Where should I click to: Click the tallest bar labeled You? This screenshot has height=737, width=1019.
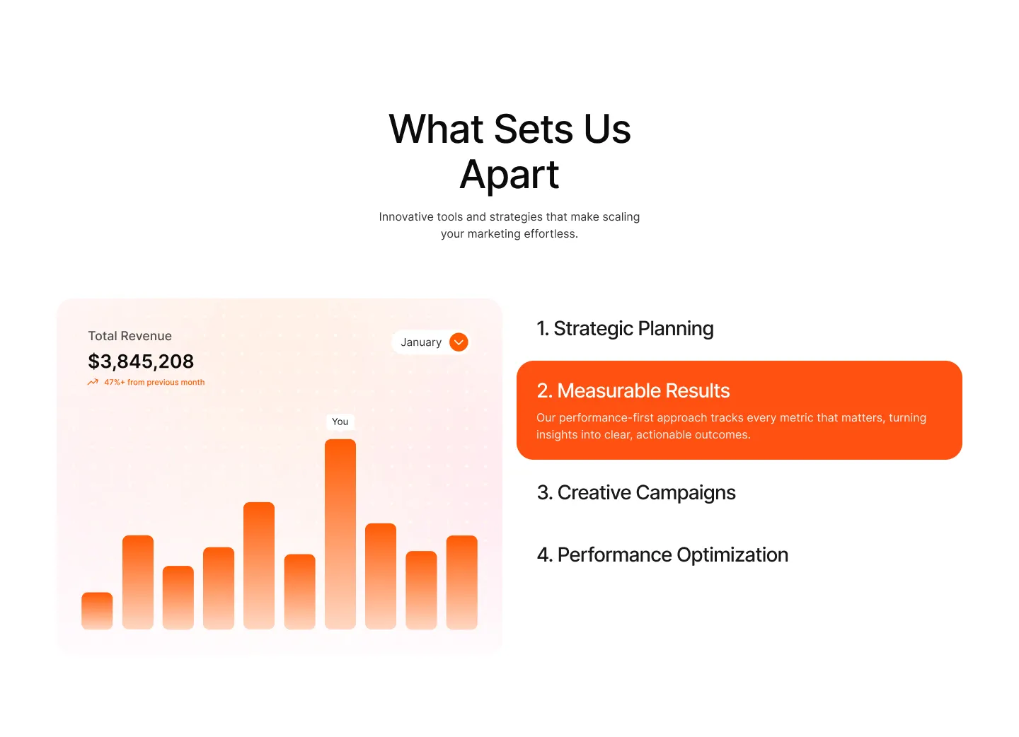[x=340, y=534]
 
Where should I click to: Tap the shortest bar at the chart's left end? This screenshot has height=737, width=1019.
[x=97, y=611]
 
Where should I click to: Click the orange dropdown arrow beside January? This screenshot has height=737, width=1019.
[x=459, y=342]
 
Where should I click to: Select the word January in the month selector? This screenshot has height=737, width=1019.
[x=421, y=342]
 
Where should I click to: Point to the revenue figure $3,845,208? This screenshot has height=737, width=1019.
[x=141, y=361]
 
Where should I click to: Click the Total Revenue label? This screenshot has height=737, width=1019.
[x=130, y=336]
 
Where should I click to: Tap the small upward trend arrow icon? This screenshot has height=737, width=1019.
[x=93, y=383]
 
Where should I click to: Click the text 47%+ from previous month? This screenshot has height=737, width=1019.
[x=155, y=383]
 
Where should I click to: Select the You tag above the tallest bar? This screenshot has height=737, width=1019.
[x=340, y=422]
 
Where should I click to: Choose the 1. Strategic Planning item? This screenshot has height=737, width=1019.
[x=625, y=329]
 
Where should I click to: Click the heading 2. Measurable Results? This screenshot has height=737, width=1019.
[x=633, y=391]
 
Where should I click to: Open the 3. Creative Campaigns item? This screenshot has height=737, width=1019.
[x=636, y=493]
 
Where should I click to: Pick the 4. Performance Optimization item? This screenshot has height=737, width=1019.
[x=662, y=555]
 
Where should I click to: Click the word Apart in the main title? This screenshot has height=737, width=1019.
[x=509, y=175]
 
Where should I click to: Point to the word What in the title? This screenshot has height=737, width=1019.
[x=436, y=129]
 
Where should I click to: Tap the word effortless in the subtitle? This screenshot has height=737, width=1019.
[x=551, y=233]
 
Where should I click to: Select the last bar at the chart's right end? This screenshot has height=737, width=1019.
[x=461, y=582]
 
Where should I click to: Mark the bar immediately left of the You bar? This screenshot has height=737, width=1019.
[x=300, y=592]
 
